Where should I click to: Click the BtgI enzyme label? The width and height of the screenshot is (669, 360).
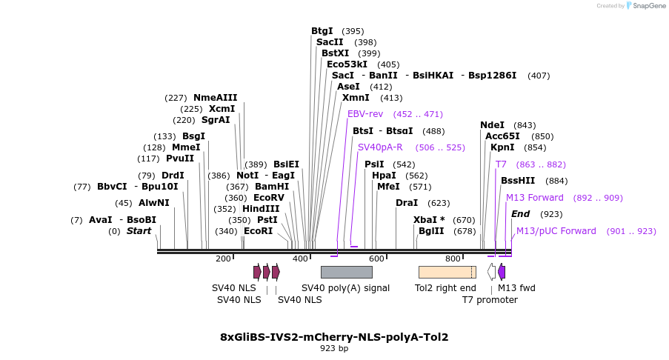pyautogui.click(x=322, y=31)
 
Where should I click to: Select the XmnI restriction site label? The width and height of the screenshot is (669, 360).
pyautogui.click(x=355, y=98)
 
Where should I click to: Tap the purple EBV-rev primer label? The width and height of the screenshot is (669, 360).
pyautogui.click(x=365, y=114)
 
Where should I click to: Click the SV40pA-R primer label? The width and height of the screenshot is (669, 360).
pyautogui.click(x=380, y=147)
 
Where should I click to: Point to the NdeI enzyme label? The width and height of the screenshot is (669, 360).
pyautogui.click(x=492, y=125)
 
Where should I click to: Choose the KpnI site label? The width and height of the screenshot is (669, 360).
pyautogui.click(x=502, y=147)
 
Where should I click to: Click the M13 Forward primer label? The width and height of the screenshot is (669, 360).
pyautogui.click(x=534, y=198)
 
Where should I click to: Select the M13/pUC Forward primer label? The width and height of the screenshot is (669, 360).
pyautogui.click(x=556, y=231)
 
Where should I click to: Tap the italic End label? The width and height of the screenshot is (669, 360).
pyautogui.click(x=520, y=214)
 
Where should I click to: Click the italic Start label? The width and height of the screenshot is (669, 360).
pyautogui.click(x=139, y=231)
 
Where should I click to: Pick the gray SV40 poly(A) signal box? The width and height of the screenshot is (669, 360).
pyautogui.click(x=346, y=272)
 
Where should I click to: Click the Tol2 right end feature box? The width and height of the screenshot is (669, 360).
pyautogui.click(x=447, y=272)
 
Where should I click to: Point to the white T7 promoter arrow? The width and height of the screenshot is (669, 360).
pyautogui.click(x=491, y=272)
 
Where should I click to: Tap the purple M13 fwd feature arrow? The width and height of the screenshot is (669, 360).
pyautogui.click(x=502, y=272)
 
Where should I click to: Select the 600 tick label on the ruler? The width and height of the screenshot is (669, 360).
pyautogui.click(x=377, y=259)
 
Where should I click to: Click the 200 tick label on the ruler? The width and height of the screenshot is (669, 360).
pyautogui.click(x=223, y=259)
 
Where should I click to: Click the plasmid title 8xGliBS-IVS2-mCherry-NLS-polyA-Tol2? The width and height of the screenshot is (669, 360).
pyautogui.click(x=334, y=337)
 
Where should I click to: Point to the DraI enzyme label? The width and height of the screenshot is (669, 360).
pyautogui.click(x=406, y=203)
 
